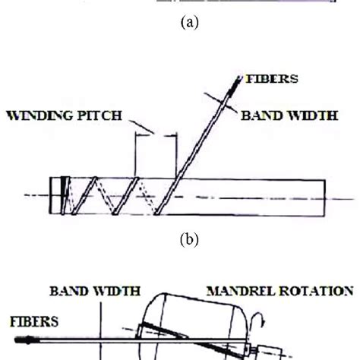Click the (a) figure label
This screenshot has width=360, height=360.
(179, 24)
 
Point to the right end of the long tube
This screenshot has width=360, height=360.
(326, 197)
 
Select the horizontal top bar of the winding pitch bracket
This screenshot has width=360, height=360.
(156, 135)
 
